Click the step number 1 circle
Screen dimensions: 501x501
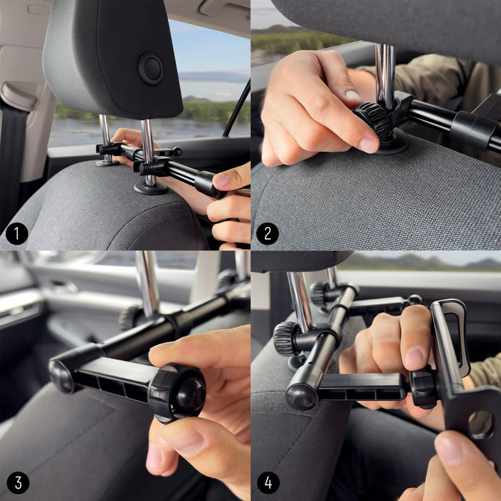16,233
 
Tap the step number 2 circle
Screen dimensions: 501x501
267,233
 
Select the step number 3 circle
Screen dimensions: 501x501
16,483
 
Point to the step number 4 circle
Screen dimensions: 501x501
267,483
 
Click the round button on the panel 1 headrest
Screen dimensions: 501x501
150,69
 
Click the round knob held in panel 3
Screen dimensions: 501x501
179,393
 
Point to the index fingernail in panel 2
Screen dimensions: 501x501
369,145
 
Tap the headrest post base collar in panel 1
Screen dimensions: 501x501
150,188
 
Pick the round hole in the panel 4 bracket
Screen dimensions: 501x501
481,424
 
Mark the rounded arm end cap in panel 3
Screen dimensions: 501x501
63,376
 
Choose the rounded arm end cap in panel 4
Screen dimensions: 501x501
301,396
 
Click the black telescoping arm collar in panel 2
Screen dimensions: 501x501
472,131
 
